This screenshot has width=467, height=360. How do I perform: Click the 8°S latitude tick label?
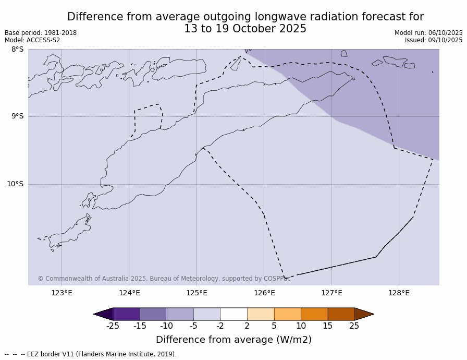(x=17, y=50)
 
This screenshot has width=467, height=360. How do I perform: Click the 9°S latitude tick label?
(x=17, y=116)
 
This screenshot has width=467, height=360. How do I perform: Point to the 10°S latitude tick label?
(x=15, y=184)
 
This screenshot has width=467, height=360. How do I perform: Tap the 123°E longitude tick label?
(x=62, y=293)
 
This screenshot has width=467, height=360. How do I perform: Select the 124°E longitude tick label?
(x=129, y=293)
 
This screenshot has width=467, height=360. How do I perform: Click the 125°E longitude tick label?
(x=196, y=293)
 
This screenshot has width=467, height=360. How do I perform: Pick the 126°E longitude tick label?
(x=264, y=293)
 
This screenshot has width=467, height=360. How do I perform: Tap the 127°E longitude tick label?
(x=331, y=293)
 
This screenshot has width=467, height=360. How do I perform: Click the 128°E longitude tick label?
(x=399, y=293)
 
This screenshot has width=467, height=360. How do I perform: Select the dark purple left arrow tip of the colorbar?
(x=103, y=314)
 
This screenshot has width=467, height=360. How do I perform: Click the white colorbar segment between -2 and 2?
(x=233, y=314)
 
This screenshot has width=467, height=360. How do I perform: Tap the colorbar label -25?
(x=113, y=326)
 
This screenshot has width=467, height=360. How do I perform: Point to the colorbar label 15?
(x=327, y=326)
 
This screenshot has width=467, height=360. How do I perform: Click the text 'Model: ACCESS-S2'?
(x=32, y=40)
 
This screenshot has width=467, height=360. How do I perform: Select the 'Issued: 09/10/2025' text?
(x=434, y=40)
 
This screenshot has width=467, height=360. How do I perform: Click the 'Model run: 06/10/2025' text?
(x=428, y=33)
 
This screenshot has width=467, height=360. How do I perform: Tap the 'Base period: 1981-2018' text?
(x=41, y=33)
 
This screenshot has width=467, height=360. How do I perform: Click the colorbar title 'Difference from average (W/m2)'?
(x=233, y=340)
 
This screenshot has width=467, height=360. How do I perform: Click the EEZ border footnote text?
(x=91, y=354)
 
